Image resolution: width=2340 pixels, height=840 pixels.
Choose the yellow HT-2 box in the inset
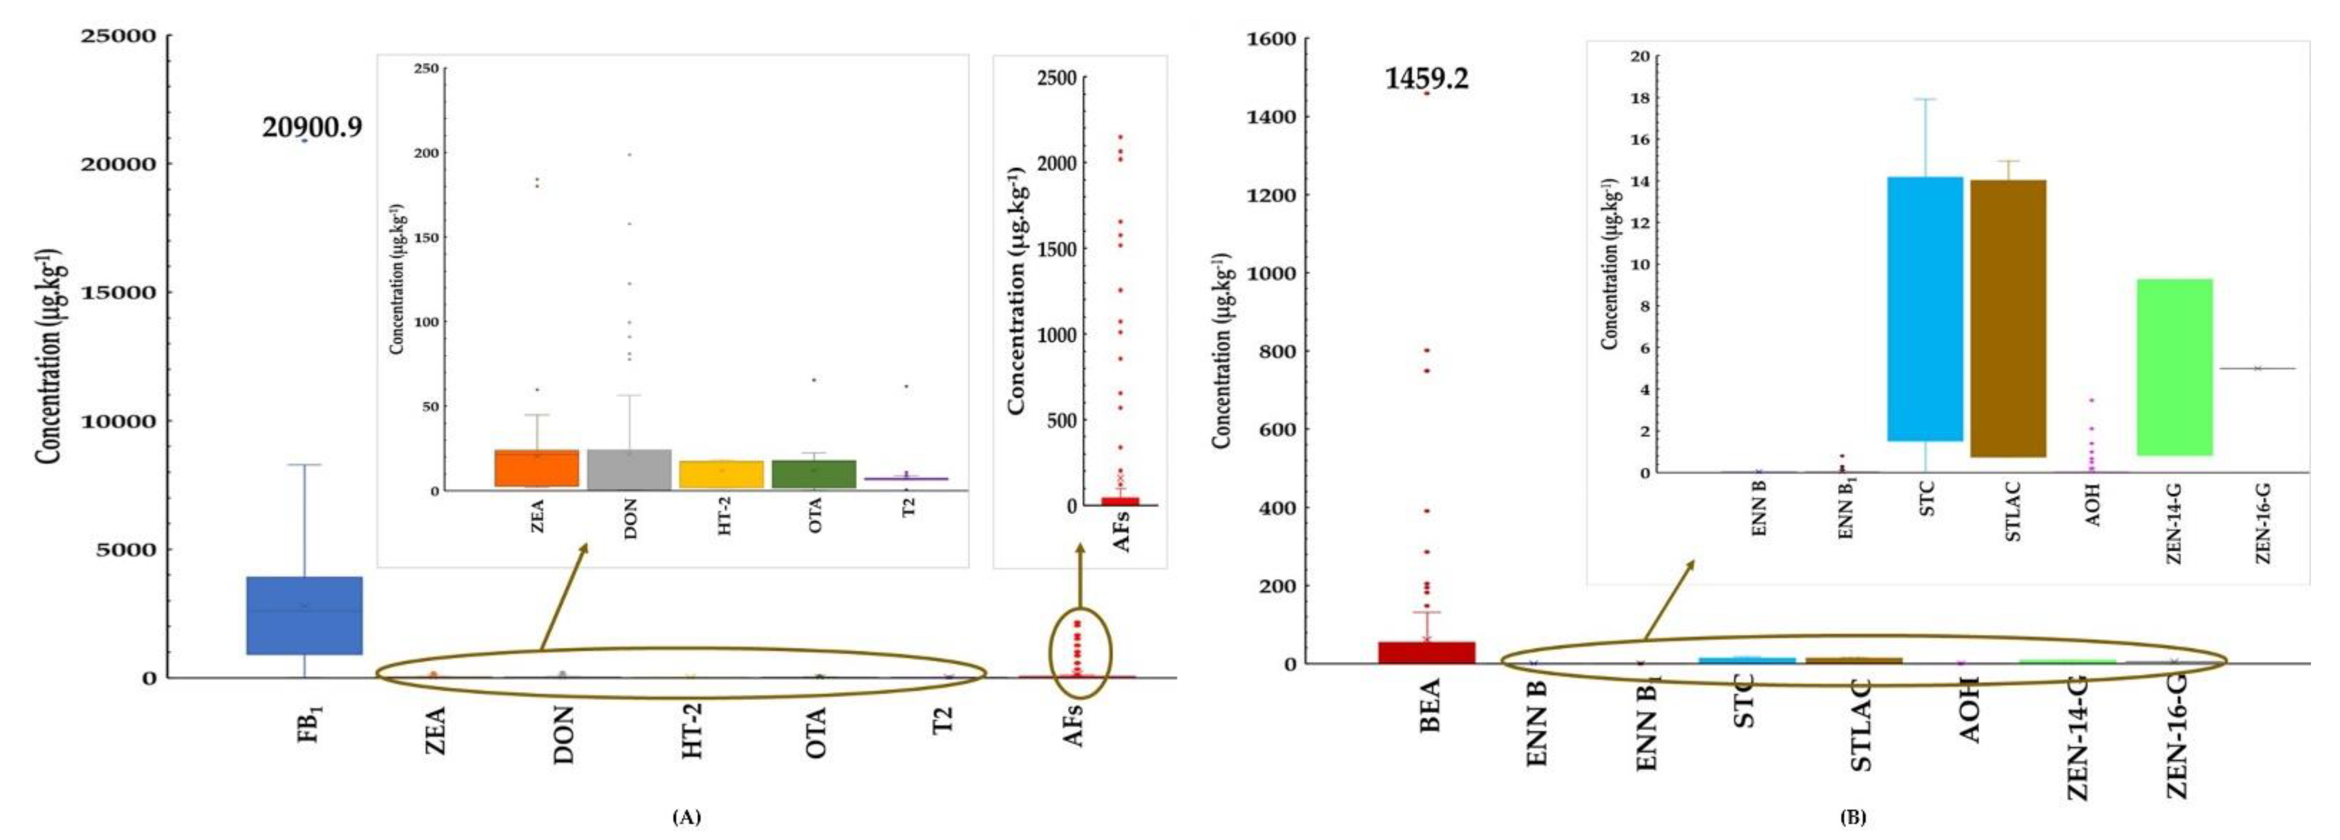coord(722,474)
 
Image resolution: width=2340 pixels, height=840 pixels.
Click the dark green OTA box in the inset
coord(814,474)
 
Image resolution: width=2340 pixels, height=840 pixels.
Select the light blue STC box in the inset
coord(1925,309)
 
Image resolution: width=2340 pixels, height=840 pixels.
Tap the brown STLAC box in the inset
coord(2008,318)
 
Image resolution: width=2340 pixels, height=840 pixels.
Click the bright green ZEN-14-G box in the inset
coord(2178,367)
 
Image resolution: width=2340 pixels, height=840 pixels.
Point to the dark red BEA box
coord(1426,652)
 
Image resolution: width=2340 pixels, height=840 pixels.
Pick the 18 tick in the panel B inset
coord(1638,98)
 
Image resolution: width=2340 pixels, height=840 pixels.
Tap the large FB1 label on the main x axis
coord(310,724)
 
